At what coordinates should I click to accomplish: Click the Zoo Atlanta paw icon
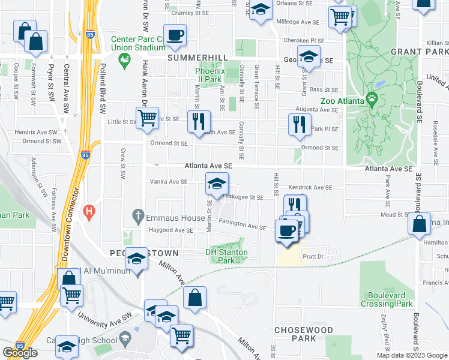click(372, 97)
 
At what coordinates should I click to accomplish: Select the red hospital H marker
click(90, 211)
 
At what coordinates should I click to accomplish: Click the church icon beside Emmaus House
click(138, 215)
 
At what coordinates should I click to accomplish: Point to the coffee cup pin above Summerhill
click(175, 35)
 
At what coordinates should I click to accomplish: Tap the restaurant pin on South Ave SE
click(199, 122)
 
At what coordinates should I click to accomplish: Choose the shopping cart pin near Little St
click(147, 118)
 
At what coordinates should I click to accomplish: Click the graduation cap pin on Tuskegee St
click(217, 183)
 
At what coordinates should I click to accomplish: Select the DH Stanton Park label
click(226, 256)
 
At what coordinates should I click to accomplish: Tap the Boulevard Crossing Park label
click(387, 299)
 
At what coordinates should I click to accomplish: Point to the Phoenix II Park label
click(210, 74)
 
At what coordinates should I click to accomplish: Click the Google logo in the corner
click(20, 353)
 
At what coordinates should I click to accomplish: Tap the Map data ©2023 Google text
click(412, 355)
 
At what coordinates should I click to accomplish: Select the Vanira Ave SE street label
click(169, 182)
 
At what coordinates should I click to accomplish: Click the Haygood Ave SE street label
click(171, 230)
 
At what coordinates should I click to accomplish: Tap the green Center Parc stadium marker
click(125, 59)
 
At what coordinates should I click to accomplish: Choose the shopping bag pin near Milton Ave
click(195, 298)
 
